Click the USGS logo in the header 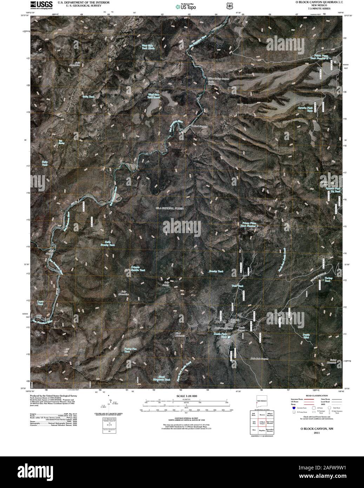tap(41, 5)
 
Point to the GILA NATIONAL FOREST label tap(170, 208)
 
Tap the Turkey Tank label tap(327, 279)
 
